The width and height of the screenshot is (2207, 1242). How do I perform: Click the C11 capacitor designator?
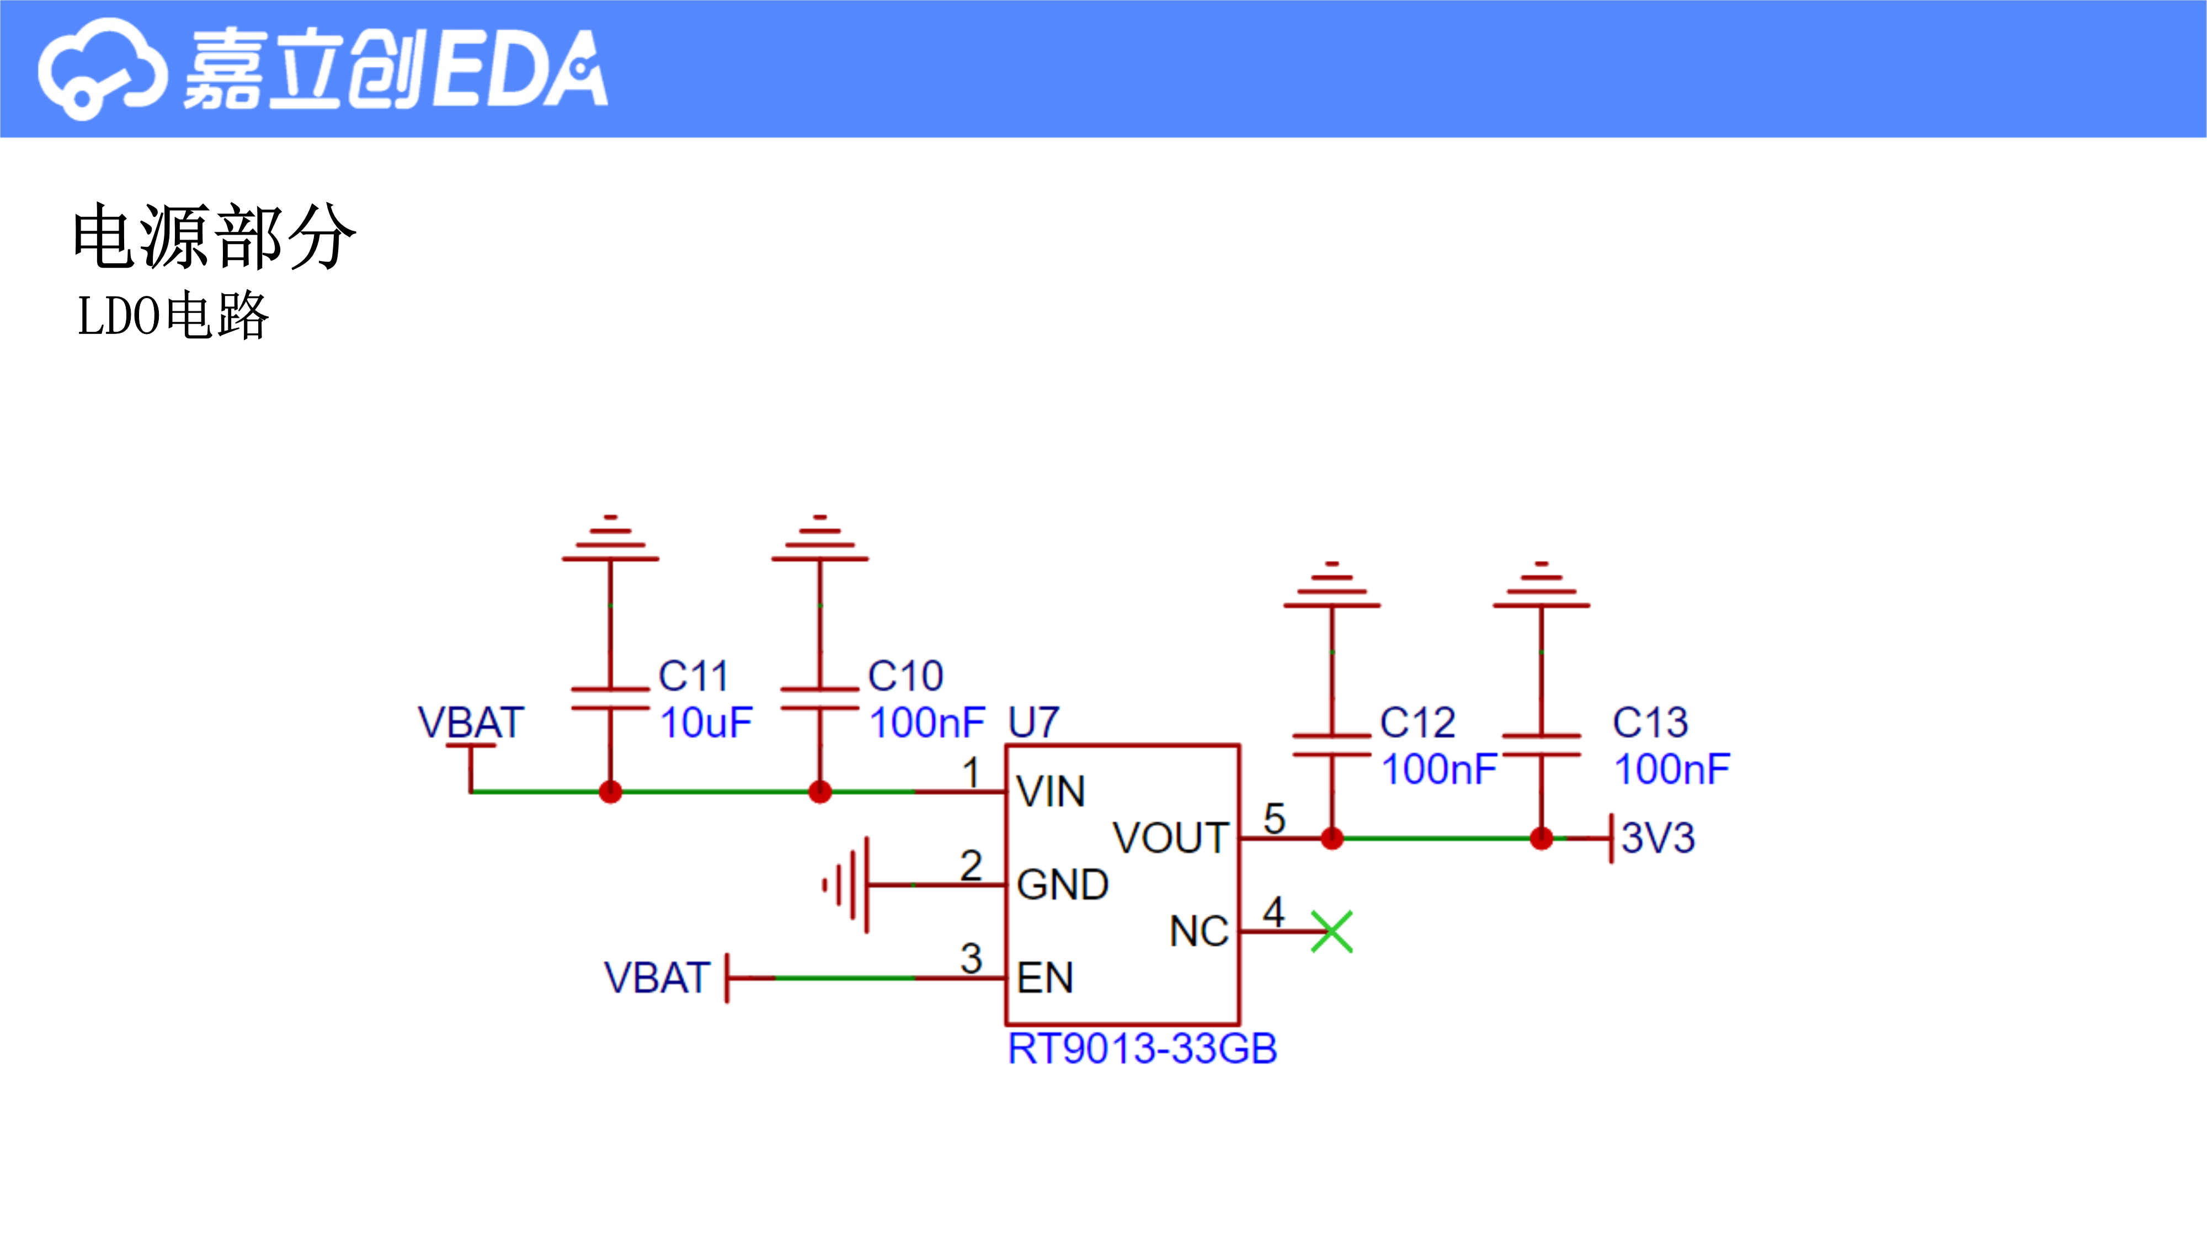(x=693, y=676)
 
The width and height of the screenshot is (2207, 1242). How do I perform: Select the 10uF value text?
(x=706, y=723)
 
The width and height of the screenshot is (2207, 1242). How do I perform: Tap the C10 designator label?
(x=905, y=676)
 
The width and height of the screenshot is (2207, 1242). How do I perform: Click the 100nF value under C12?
(x=1440, y=769)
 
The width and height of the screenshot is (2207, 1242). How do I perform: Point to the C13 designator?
(x=1650, y=723)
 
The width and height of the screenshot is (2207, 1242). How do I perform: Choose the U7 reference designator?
(x=1034, y=723)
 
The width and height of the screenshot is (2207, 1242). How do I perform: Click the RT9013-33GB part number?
(x=1142, y=1048)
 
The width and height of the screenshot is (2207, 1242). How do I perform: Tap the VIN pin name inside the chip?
(x=1051, y=791)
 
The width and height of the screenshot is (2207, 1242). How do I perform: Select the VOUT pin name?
(x=1170, y=837)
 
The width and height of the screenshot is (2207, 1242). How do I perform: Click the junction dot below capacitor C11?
(x=611, y=791)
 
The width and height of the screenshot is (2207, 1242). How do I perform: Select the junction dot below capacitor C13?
(x=1541, y=838)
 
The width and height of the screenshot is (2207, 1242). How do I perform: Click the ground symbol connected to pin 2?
(x=846, y=884)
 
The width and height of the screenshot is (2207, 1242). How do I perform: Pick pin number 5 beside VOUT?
(x=1274, y=819)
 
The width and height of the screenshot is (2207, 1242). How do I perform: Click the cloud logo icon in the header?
(x=101, y=68)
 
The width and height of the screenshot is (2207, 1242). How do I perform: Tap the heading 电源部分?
(x=214, y=237)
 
